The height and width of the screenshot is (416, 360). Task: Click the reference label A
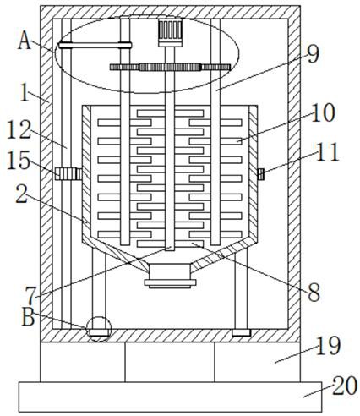(x=25, y=41)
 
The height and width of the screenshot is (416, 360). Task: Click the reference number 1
(x=25, y=92)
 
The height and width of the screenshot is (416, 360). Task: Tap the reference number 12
(x=19, y=129)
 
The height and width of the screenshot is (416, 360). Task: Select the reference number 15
(x=18, y=161)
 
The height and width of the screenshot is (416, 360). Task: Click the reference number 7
(x=31, y=296)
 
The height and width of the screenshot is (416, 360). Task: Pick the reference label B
(x=28, y=317)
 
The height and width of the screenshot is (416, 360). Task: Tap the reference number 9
(x=314, y=54)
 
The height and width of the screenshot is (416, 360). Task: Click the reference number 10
(x=323, y=112)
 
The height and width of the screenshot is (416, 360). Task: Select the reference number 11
(x=327, y=152)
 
